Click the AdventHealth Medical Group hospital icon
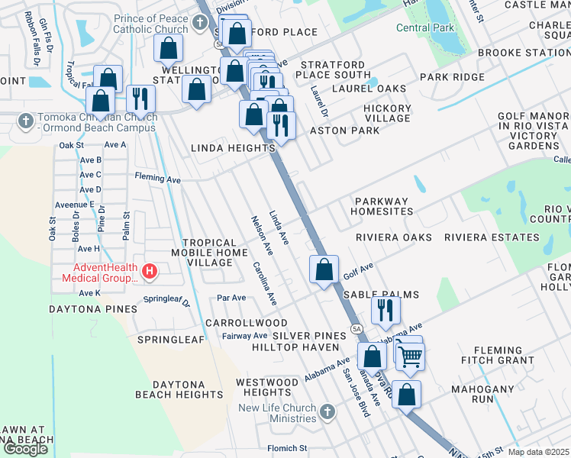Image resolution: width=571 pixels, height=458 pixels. coord(150,271)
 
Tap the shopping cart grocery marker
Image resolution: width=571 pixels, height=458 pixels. coord(410,355)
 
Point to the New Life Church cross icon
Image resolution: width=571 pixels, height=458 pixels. coord(327,413)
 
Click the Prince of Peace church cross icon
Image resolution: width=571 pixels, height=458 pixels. coord(200,21)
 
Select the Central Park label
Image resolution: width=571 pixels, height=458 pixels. coord(424,27)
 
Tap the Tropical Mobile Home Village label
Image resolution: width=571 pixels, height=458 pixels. coord(202,253)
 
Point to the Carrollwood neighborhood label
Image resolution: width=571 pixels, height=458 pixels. coord(245,323)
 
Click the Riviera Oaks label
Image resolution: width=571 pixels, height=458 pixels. coord(394,237)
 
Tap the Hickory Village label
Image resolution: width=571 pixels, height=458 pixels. coord(387,113)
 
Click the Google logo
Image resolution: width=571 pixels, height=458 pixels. coord(25,448)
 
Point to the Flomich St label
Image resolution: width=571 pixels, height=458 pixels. coord(286,448)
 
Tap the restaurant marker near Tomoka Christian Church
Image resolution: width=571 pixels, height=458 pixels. coord(140,98)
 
